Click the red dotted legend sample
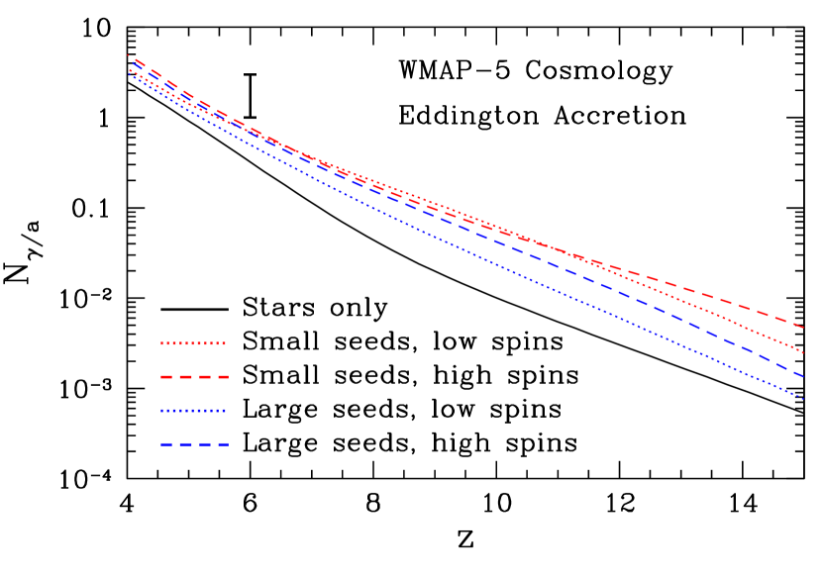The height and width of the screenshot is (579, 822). [193, 343]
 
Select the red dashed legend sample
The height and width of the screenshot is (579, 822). [194, 377]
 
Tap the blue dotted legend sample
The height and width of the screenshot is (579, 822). [193, 411]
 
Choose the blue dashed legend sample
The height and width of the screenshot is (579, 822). [194, 444]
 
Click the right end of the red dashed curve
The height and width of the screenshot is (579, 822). [803, 327]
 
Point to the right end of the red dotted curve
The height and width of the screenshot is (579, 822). [803, 352]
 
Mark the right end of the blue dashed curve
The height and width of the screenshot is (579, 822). [803, 377]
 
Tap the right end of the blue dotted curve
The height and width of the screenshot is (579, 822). [803, 399]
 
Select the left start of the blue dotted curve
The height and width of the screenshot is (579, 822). [129, 75]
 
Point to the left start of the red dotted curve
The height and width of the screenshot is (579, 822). [129, 70]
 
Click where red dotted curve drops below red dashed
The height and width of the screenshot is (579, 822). [584, 259]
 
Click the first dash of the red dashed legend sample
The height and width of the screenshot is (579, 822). [166, 377]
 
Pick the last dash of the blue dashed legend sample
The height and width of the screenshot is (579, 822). [223, 444]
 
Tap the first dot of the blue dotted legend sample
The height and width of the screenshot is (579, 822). [162, 411]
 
